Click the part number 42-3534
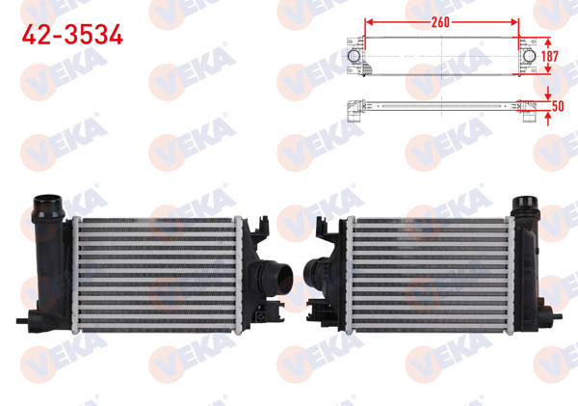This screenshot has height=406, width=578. tap(72, 36)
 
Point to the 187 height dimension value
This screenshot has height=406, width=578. tap(550, 57)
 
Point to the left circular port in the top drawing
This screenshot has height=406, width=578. tap(355, 58)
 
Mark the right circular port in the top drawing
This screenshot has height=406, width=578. tap(528, 57)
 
